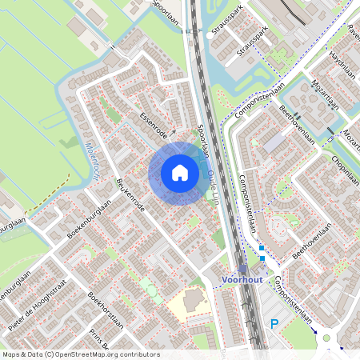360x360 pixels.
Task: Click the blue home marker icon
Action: tap(179, 173)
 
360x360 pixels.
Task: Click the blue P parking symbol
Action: tap(274, 324)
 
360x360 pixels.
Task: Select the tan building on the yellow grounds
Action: tap(194, 302)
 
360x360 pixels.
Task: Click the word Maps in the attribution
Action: tap(11, 354)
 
